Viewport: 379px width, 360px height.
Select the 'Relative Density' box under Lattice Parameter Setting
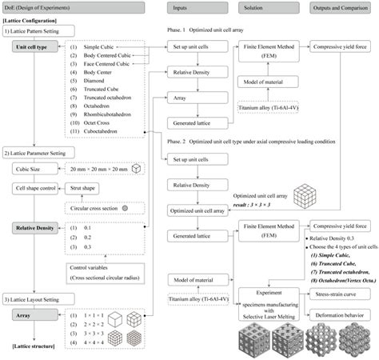[x=34, y=228]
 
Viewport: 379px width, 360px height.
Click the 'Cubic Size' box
[x=31, y=170]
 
